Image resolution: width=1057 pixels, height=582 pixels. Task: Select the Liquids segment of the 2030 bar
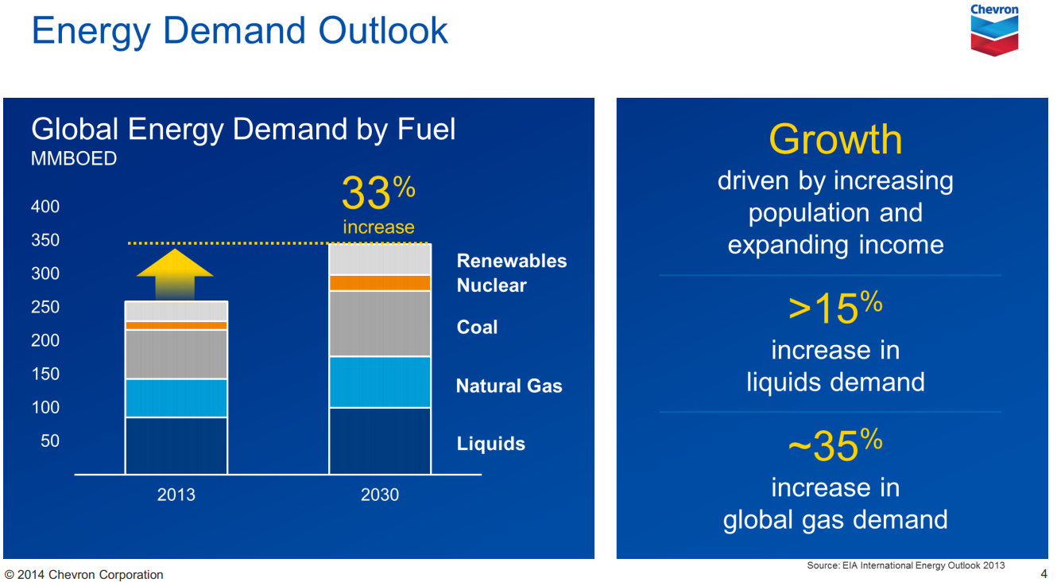(x=380, y=440)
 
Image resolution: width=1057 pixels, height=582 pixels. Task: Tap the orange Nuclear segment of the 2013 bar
(x=176, y=325)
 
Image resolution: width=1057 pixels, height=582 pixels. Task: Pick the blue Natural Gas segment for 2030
(x=380, y=382)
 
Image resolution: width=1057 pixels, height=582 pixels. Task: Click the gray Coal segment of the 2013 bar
(x=176, y=354)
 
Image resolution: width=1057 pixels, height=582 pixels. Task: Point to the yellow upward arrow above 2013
(x=175, y=273)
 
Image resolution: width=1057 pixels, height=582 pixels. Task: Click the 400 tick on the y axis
(x=45, y=207)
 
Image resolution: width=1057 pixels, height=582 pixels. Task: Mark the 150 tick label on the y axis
(x=45, y=374)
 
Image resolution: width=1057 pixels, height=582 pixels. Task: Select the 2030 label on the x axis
(x=380, y=495)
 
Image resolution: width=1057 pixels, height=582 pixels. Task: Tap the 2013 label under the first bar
(x=176, y=495)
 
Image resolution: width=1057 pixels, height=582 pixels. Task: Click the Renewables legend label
(x=512, y=261)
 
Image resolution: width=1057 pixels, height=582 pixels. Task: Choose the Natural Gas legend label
(x=509, y=386)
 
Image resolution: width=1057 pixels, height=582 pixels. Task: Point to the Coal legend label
(x=477, y=327)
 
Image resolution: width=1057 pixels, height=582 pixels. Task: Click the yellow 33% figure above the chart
(x=378, y=194)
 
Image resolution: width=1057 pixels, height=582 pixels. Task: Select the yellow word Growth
(x=835, y=140)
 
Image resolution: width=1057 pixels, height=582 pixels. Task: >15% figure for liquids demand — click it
(x=835, y=308)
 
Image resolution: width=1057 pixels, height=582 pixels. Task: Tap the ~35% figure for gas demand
(x=835, y=445)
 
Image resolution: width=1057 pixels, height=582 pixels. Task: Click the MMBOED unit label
(x=74, y=158)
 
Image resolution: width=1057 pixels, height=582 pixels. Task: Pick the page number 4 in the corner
(x=1043, y=573)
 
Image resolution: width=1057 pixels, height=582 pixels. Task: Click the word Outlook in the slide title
(x=383, y=30)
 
